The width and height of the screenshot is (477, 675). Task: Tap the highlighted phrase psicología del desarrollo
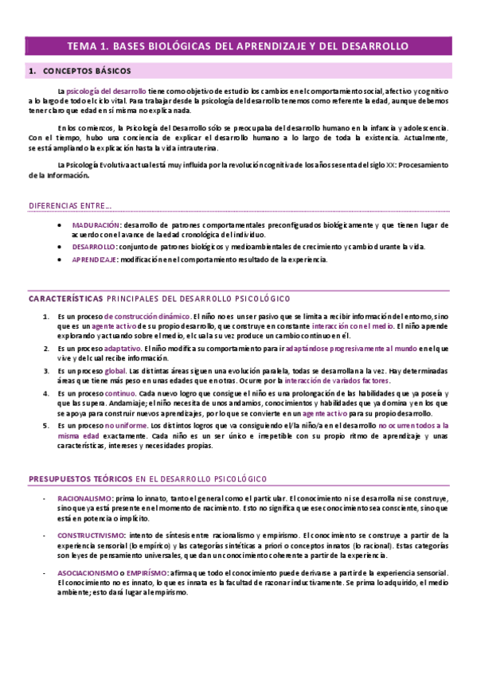point(103,92)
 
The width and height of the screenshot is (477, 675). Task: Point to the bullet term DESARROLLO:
point(94,247)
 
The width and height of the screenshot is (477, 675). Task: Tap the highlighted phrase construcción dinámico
point(151,317)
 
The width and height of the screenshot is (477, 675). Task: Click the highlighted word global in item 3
point(115,370)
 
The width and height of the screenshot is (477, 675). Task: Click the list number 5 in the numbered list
point(45,426)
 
